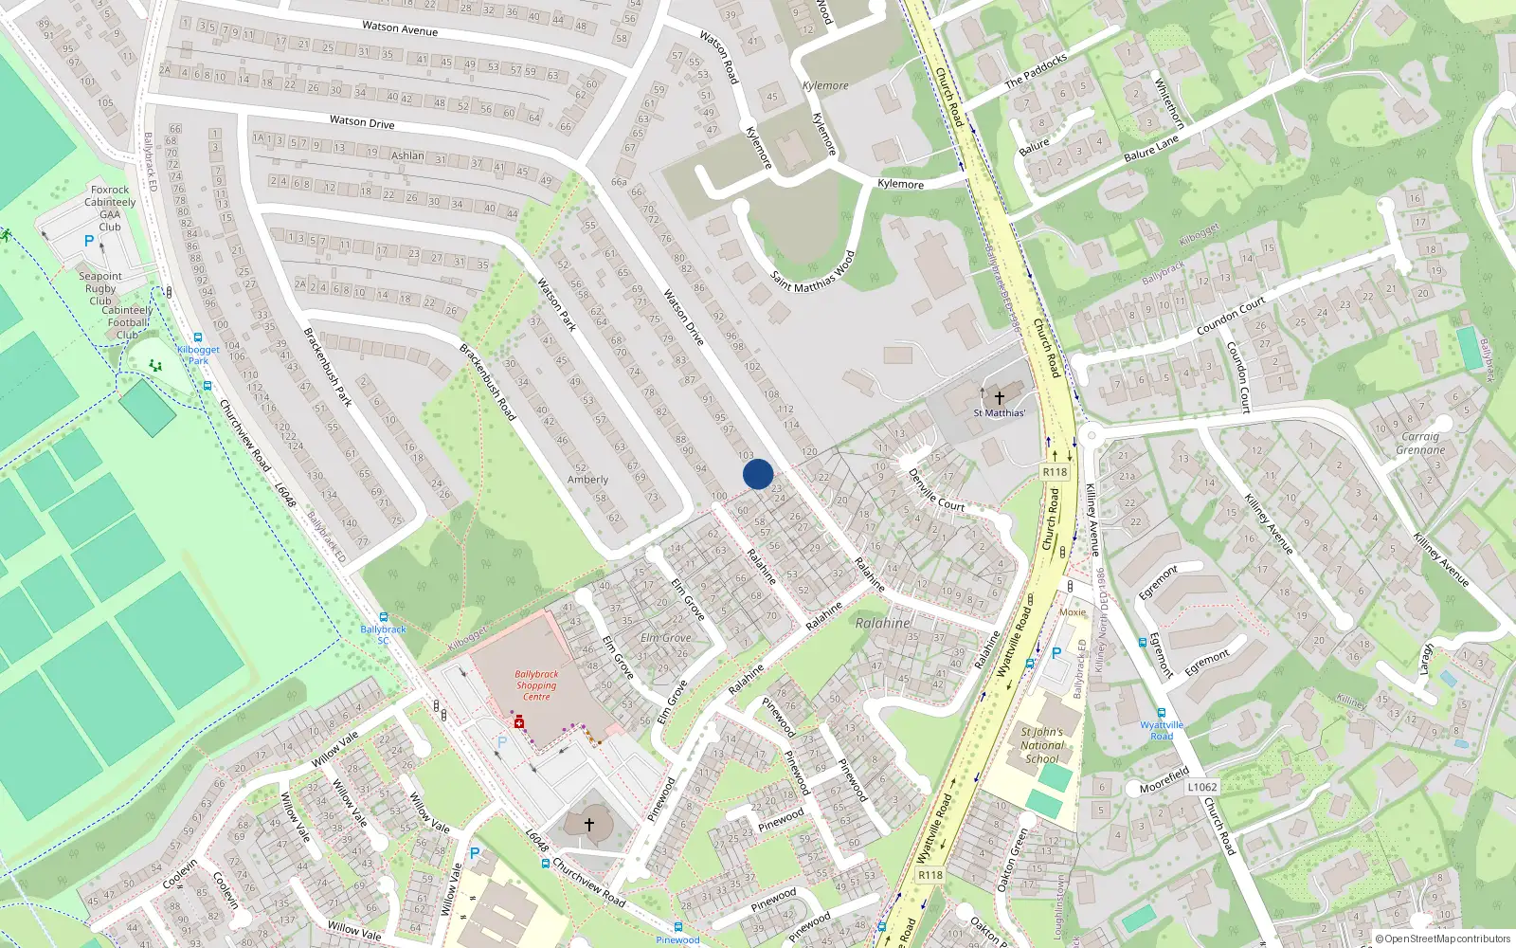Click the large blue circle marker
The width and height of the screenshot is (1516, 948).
757,474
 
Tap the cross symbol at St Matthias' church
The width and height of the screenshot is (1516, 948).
999,398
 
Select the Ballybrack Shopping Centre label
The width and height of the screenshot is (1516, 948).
536,685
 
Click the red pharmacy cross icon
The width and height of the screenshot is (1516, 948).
519,722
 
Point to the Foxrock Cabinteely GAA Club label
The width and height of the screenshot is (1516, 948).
110,209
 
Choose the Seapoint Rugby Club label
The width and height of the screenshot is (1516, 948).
100,288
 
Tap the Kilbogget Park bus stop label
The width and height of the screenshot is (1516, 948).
198,355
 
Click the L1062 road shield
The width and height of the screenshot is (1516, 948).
1201,787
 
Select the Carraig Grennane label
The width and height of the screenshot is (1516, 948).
1420,444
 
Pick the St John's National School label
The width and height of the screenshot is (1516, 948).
1041,745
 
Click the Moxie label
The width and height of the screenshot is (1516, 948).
1073,612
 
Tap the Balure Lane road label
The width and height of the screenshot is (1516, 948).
1150,148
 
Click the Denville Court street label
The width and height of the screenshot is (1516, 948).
936,490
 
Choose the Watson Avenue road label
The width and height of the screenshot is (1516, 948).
400,28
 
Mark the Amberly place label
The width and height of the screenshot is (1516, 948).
587,480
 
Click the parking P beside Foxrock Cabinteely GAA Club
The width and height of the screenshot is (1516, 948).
89,241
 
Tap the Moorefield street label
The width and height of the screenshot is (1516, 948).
1164,781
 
